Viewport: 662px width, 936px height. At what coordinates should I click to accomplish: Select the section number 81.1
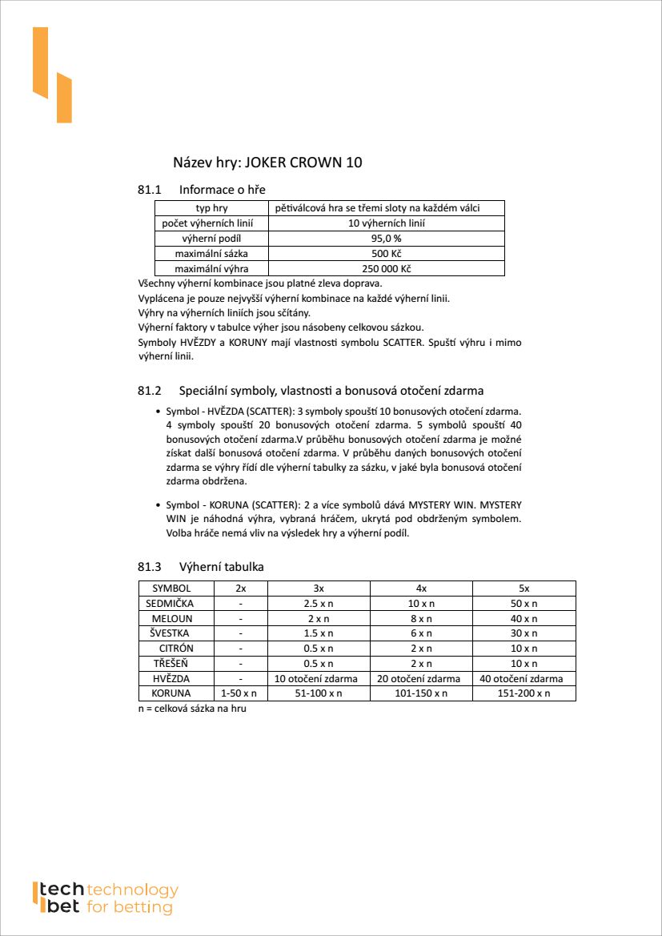pos(150,190)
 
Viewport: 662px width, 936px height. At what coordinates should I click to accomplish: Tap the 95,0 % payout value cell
pos(386,239)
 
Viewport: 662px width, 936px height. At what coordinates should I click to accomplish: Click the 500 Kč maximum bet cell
pos(386,254)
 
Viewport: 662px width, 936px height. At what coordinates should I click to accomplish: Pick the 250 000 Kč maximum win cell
pos(386,269)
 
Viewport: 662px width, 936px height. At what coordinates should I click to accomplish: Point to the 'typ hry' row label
pos(212,208)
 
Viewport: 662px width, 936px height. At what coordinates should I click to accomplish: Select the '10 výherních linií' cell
pos(386,223)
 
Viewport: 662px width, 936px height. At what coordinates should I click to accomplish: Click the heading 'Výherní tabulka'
pos(222,567)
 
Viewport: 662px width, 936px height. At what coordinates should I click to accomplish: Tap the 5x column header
pos(524,589)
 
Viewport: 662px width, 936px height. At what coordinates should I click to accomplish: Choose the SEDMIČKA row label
pos(171,603)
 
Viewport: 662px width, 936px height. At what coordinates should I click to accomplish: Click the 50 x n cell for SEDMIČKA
pos(524,604)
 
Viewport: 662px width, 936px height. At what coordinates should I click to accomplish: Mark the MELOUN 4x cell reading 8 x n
pos(421,618)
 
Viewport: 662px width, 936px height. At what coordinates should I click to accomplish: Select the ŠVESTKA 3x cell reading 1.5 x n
pos(319,633)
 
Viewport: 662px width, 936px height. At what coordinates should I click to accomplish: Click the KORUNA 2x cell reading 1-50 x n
pos(239,693)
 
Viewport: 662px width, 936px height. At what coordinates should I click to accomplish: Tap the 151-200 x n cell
pos(524,693)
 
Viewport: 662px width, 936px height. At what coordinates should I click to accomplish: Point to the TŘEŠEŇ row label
pos(171,663)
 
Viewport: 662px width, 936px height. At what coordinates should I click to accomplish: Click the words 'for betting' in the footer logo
pos(130,908)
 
